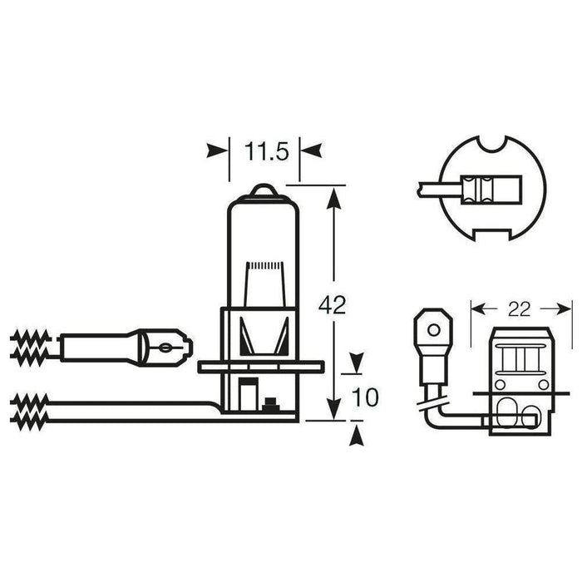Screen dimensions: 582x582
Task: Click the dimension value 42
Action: tap(333, 304)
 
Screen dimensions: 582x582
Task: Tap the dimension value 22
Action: tap(518, 309)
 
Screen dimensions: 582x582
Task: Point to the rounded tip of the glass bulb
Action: tap(261, 190)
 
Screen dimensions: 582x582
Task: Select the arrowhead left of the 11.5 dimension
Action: tap(217, 150)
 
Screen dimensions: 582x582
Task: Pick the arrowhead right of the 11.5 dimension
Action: tap(309, 150)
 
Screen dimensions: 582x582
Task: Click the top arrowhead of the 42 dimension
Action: tap(333, 197)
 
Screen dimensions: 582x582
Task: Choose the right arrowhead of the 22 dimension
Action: tap(565, 309)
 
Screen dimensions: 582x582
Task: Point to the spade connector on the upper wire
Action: tap(170, 343)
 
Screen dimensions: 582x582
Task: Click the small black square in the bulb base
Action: tap(268, 404)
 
